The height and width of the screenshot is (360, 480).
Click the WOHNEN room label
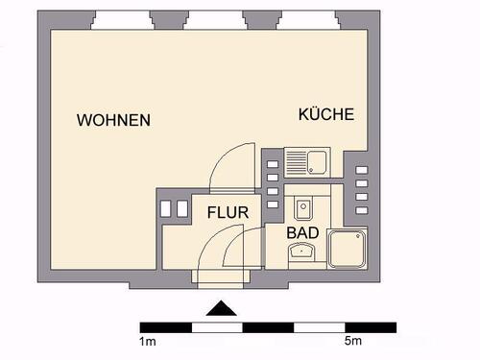pos(114,121)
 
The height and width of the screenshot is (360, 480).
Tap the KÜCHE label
pos(326,114)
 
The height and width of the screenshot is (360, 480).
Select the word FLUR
pos(228,213)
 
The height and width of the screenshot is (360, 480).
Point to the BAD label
pos(303,232)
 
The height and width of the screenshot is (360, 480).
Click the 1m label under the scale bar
pos(149,342)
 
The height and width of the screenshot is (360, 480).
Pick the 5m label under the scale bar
pos(352,342)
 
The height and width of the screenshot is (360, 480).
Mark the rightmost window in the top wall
pos(306,21)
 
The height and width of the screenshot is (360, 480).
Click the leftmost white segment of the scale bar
pos(167,327)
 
